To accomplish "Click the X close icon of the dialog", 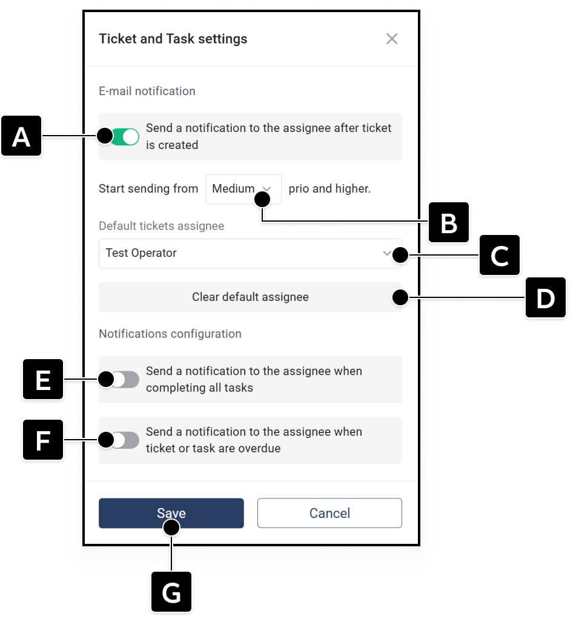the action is pos(392,39).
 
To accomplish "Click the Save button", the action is pos(171,513).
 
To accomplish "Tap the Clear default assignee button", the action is pos(250,297).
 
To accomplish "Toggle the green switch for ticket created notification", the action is pos(125,137).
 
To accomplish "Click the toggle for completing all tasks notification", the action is pos(125,380).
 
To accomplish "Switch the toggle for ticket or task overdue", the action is pos(125,440).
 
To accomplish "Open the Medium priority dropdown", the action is pos(243,189).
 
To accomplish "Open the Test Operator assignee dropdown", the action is pos(250,254).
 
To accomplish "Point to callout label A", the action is pos(21,136).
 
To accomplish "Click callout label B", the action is pos(449,222).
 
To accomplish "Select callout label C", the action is pos(500,255).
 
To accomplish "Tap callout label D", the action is pos(546,297).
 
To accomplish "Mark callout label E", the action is pos(43,379).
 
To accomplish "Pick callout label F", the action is pos(43,440).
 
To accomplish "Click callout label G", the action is pos(171,592).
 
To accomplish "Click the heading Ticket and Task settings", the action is pos(173,39).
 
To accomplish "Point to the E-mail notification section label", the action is pos(147,91).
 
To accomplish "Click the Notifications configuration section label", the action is pos(170,334).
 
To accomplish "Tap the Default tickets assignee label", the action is pos(161,226).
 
